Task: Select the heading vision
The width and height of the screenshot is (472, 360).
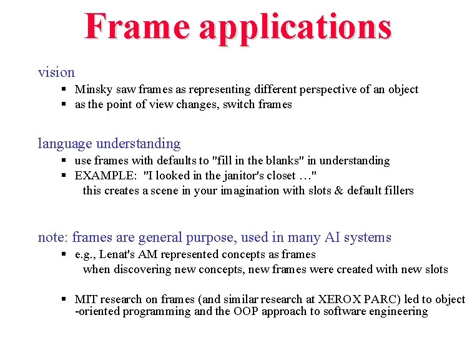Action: [x=56, y=72]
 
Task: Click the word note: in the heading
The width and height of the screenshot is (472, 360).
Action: [x=53, y=237]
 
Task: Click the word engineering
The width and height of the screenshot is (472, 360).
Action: [x=398, y=312]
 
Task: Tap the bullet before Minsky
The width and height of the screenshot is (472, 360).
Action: [x=65, y=89]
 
